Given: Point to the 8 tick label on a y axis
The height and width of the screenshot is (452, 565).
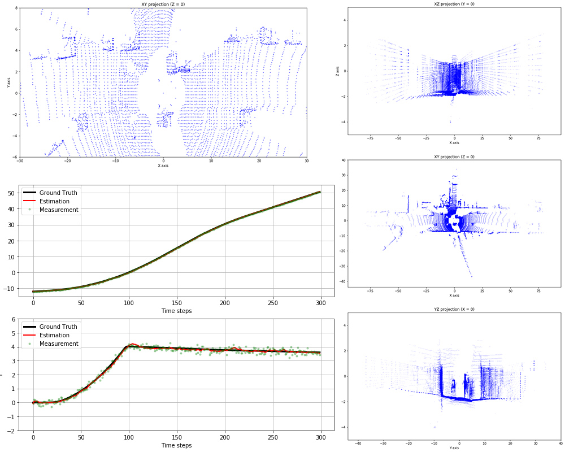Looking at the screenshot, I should pos(16,8).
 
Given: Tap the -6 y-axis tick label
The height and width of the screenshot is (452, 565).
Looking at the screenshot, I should pos(15,157).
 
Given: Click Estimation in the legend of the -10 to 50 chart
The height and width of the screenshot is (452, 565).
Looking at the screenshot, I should pos(54,201).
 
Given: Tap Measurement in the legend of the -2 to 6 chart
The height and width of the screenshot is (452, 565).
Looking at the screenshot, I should pos(59,344).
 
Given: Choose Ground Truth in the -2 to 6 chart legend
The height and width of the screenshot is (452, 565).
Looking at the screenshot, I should pos(58,327).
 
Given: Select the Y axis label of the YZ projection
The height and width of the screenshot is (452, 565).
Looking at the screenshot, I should pos(454,448).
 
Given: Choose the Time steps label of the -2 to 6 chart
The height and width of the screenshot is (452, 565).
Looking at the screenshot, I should pos(176,445).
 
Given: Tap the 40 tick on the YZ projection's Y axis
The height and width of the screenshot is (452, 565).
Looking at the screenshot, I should pos(560,444).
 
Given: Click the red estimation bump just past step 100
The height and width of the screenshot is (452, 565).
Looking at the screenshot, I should pos(132,344).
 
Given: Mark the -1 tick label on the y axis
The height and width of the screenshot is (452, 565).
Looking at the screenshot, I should pos(13,416).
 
